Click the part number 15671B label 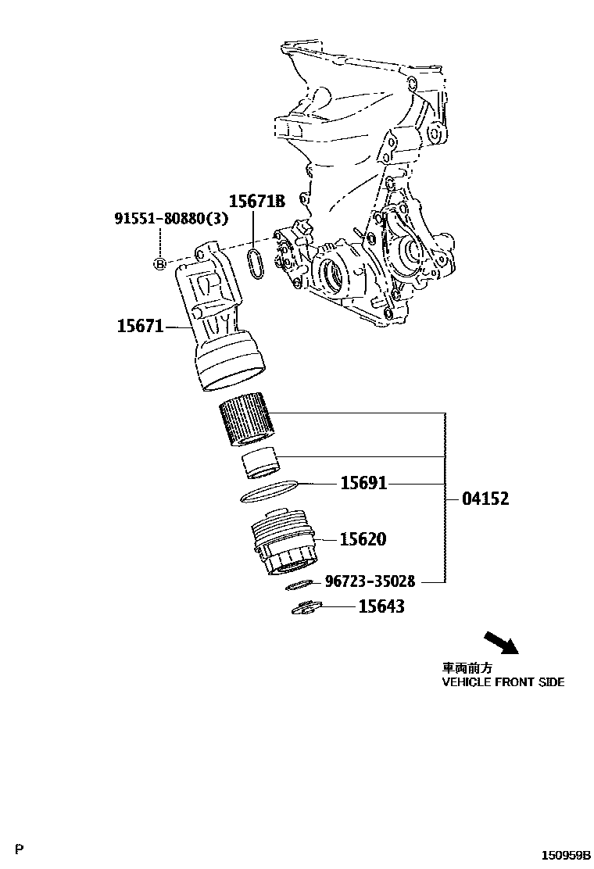click(257, 202)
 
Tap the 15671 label click(141, 326)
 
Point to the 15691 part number click(363, 484)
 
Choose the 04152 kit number click(485, 499)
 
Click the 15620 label click(363, 539)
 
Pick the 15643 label click(381, 606)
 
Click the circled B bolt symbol click(159, 264)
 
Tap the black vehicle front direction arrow click(501, 643)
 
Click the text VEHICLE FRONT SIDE click(503, 681)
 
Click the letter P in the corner click(20, 849)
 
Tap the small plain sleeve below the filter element click(260, 464)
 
